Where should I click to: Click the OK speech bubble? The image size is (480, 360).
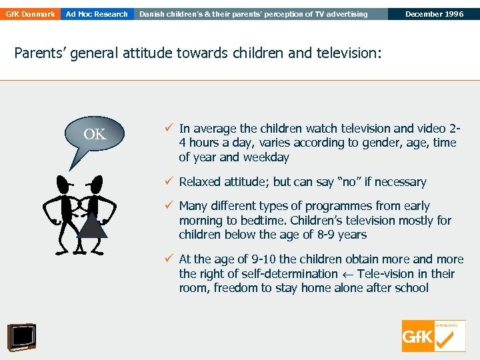click(x=95, y=137)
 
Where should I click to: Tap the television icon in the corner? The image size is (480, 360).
click(x=21, y=337)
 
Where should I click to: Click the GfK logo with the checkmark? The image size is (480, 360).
click(x=433, y=336)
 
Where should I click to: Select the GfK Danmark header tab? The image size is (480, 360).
click(x=30, y=14)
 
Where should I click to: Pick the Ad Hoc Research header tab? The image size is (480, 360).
click(x=97, y=14)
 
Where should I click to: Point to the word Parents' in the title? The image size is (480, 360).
click(x=41, y=53)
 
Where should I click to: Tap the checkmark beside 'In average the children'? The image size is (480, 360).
click(x=170, y=128)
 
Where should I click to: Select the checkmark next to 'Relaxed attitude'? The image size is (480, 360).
click(x=170, y=181)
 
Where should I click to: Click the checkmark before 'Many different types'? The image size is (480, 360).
click(x=170, y=205)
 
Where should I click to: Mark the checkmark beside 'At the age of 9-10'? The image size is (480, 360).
click(x=170, y=259)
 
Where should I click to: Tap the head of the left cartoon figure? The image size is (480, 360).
click(x=65, y=183)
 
